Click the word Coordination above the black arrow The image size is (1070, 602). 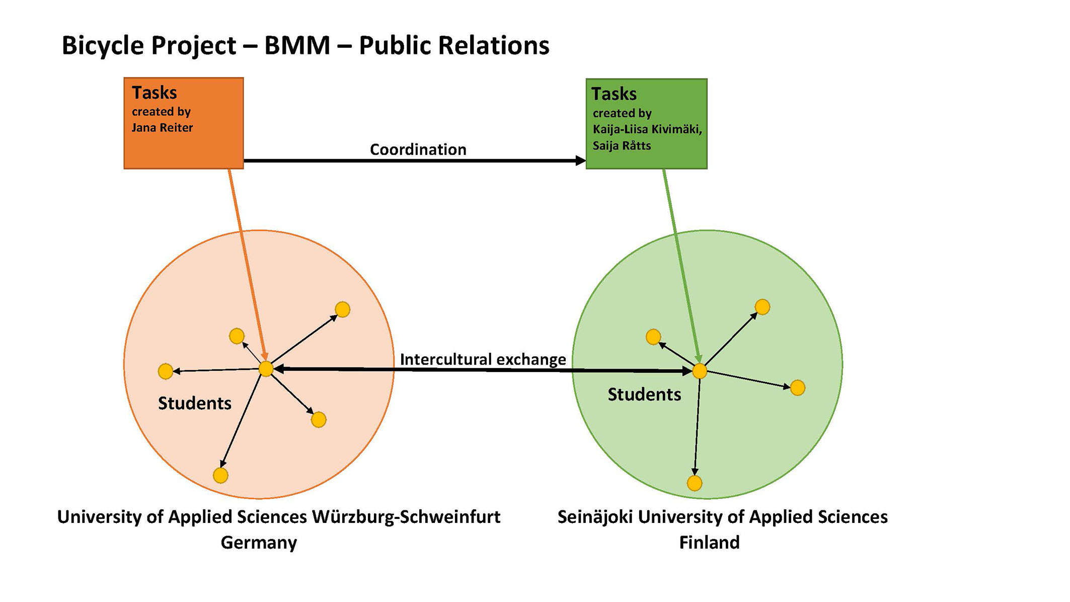click(418, 149)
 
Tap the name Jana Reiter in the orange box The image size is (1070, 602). click(162, 128)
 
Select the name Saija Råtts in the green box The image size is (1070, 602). click(622, 146)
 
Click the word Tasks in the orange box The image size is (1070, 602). click(154, 93)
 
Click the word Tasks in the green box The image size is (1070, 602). click(614, 94)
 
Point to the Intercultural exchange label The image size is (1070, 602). click(483, 359)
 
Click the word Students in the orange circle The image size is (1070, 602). click(194, 403)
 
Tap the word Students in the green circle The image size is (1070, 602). click(644, 394)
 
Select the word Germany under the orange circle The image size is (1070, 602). click(259, 543)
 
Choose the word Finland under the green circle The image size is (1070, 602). click(709, 543)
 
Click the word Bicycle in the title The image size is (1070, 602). click(103, 46)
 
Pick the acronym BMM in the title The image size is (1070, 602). click(297, 46)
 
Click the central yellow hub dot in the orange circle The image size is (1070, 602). click(266, 369)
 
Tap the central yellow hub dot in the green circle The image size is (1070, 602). click(700, 371)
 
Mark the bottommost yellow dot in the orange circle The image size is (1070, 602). click(220, 475)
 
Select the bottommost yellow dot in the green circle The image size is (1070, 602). click(695, 483)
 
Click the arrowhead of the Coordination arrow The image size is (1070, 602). click(581, 161)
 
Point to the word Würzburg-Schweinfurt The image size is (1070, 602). click(406, 517)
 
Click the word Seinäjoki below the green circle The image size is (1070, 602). click(595, 517)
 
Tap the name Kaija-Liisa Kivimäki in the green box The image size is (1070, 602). click(647, 129)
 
